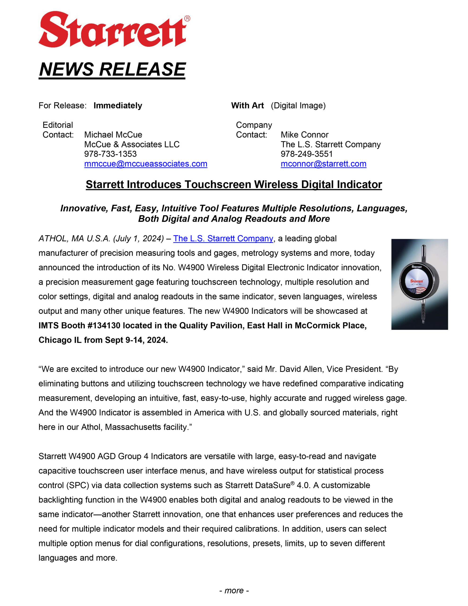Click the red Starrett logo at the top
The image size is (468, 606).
pyautogui.click(x=112, y=29)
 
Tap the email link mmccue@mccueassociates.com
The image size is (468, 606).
pyautogui.click(x=146, y=164)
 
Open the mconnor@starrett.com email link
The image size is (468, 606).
pyautogui.click(x=323, y=164)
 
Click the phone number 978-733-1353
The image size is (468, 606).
pyautogui.click(x=110, y=154)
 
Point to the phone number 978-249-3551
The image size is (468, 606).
pyautogui.click(x=307, y=154)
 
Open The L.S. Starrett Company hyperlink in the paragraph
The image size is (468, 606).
pyautogui.click(x=223, y=238)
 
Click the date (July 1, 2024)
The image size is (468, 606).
pyautogui.click(x=138, y=238)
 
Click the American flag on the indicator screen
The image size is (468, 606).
pyautogui.click(x=417, y=290)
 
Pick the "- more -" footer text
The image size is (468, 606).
pyautogui.click(x=234, y=590)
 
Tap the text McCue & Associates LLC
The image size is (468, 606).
pyautogui.click(x=132, y=144)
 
